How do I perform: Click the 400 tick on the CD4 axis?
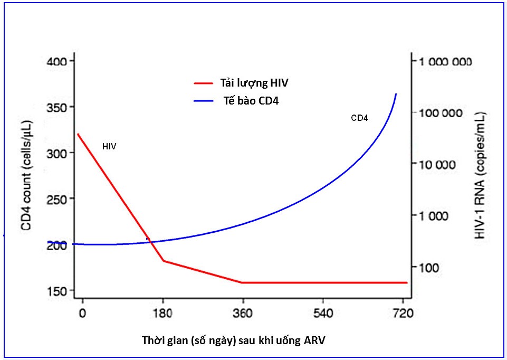point(58,62)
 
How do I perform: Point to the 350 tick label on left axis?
point(58,107)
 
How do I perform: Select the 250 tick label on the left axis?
point(58,199)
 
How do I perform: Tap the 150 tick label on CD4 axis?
point(58,291)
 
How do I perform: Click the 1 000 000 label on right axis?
point(445,62)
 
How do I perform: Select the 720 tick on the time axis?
point(403,313)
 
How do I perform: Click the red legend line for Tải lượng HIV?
point(203,83)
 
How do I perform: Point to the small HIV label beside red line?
point(109,146)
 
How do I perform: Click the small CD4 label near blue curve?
point(359,118)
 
